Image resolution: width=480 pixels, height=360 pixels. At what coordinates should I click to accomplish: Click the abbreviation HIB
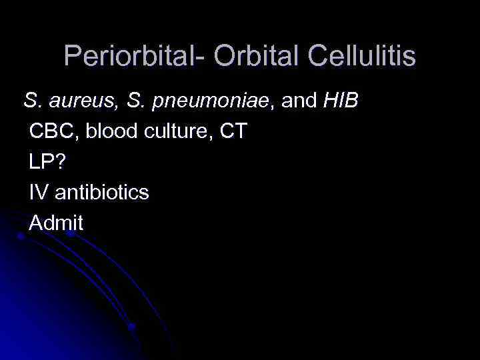tap(341, 101)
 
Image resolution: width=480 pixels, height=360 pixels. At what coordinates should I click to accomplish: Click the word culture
tap(173, 132)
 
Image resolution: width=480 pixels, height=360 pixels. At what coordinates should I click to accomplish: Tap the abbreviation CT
tap(233, 132)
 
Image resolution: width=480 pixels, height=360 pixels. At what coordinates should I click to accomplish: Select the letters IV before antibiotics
tap(37, 193)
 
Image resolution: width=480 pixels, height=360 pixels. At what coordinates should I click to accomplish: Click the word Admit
tap(56, 224)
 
